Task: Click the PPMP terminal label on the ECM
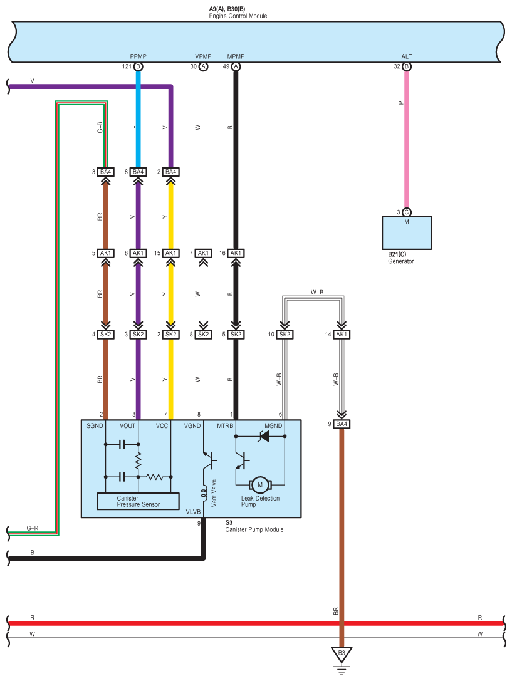coord(138,56)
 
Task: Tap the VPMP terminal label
coord(203,56)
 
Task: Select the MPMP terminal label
coord(236,56)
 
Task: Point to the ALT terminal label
coord(407,56)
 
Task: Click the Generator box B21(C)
coord(407,233)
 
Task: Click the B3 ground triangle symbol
coord(342,655)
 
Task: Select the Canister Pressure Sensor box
coord(138,501)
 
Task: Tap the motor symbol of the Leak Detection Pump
coord(260,485)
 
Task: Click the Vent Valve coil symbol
coord(203,494)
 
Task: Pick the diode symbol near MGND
coord(264,436)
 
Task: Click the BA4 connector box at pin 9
coord(342,424)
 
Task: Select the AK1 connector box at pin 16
coord(236,253)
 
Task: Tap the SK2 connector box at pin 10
coord(285,335)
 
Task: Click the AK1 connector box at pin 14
coord(342,335)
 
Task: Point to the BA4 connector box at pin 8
coord(138,172)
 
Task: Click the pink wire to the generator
coord(407,139)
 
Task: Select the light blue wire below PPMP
coord(138,119)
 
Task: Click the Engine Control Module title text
coord(238,16)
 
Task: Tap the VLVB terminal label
coord(193,512)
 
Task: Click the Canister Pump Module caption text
coord(254,529)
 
